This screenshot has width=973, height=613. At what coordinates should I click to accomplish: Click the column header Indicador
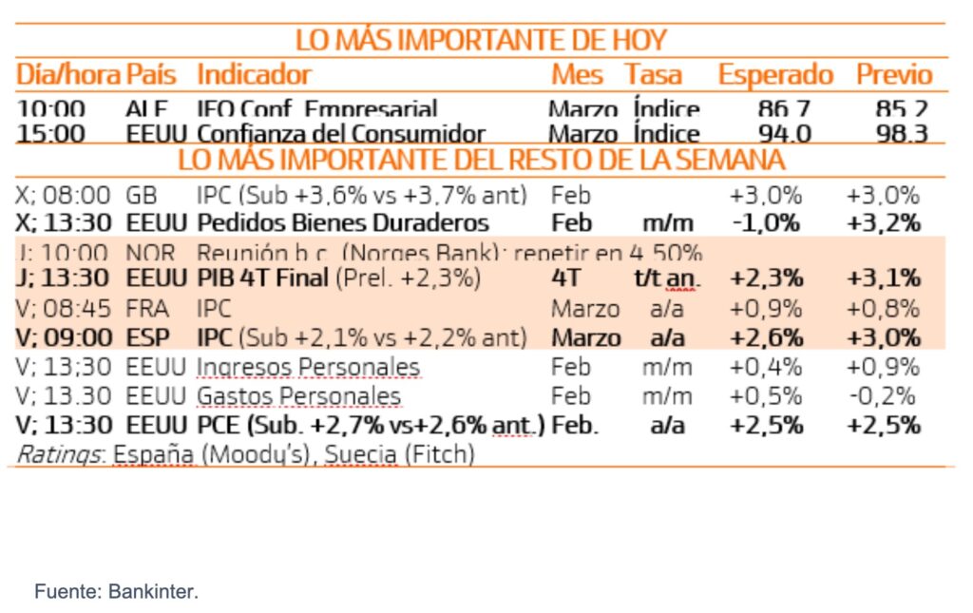point(254,74)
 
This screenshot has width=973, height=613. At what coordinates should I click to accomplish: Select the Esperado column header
point(774,74)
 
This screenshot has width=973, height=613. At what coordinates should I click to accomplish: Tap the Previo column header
point(894,74)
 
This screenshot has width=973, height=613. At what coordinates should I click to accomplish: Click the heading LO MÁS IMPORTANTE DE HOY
point(481,40)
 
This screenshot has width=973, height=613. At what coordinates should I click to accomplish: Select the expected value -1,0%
point(766,222)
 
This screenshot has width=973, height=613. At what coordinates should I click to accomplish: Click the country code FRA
point(147,309)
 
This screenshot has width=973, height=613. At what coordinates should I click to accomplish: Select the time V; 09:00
point(64,338)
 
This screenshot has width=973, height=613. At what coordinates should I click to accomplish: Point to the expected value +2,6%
point(766,338)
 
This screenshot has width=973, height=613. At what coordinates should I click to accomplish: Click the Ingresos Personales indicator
point(308,367)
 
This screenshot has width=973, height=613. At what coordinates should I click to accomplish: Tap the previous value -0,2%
point(883,395)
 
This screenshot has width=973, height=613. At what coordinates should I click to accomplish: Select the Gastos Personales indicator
point(298,395)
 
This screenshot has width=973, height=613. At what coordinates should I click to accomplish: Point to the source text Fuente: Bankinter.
point(117,591)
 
